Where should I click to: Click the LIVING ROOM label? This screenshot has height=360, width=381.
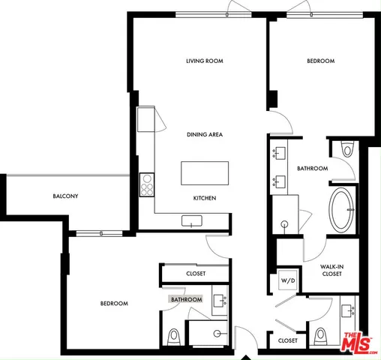tap(205, 61)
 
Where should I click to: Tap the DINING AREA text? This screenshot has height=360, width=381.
tap(205, 135)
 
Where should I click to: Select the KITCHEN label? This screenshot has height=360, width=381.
tap(205, 198)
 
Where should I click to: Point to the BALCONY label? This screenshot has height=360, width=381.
tap(66, 196)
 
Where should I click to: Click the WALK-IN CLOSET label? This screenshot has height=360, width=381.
tap(331, 270)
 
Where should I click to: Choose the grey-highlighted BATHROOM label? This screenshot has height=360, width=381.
tap(187, 300)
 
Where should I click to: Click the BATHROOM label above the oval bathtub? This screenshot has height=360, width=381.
tap(312, 169)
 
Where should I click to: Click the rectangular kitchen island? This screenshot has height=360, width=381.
tap(205, 174)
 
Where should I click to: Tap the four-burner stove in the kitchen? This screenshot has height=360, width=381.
tap(147, 184)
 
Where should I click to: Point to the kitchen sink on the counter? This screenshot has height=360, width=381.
tap(193, 220)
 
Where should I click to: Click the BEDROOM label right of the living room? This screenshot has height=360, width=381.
tap(320, 61)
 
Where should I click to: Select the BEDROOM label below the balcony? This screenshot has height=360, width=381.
tap(114, 304)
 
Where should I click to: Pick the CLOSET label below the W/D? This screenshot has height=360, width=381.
tap(287, 340)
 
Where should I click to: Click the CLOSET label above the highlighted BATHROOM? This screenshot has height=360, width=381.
tap(196, 274)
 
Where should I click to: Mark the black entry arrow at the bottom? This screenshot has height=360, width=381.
tap(245, 355)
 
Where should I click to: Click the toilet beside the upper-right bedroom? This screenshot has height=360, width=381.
tap(345, 150)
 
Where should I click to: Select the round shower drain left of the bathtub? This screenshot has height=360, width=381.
tap(285, 224)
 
